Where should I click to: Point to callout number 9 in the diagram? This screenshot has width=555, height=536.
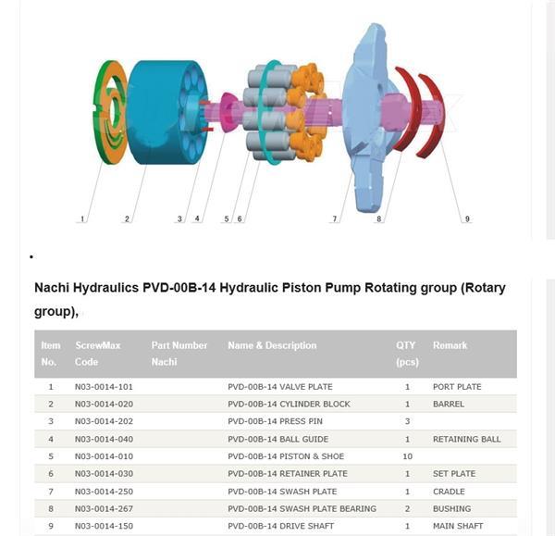pyautogui.click(x=467, y=218)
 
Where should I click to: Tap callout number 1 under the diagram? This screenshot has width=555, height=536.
pyautogui.click(x=82, y=218)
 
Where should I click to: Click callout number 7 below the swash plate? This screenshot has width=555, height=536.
pyautogui.click(x=335, y=218)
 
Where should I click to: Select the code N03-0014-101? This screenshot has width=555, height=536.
pyautogui.click(x=104, y=387)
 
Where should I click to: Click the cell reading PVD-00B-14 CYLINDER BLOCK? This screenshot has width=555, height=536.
pyautogui.click(x=289, y=404)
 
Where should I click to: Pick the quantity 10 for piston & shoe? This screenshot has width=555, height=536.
pyautogui.click(x=407, y=456)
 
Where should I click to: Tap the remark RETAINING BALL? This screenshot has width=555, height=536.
pyautogui.click(x=466, y=439)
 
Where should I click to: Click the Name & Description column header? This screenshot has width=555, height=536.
pyautogui.click(x=272, y=345)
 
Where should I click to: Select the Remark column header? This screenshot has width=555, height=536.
pyautogui.click(x=450, y=345)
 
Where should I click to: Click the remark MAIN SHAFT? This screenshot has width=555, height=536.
pyautogui.click(x=458, y=526)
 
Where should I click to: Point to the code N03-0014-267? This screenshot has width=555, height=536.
pyautogui.click(x=104, y=508)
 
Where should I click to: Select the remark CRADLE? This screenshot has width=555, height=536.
pyautogui.click(x=449, y=492)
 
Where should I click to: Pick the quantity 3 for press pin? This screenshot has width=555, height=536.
pyautogui.click(x=407, y=421)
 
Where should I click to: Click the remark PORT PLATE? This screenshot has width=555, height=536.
pyautogui.click(x=457, y=387)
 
